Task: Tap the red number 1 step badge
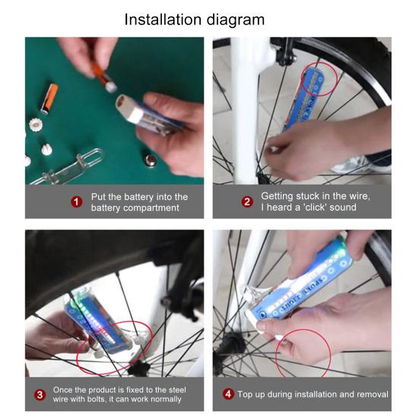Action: pyautogui.click(x=76, y=202)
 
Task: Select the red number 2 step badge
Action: pyautogui.click(x=247, y=202)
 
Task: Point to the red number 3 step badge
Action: pyautogui.click(x=40, y=394)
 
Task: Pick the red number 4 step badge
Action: pyautogui.click(x=227, y=394)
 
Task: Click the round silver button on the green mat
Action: pyautogui.click(x=151, y=160)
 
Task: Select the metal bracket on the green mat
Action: pyautogui.click(x=72, y=164)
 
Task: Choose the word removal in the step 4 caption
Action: pyautogui.click(x=370, y=394)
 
